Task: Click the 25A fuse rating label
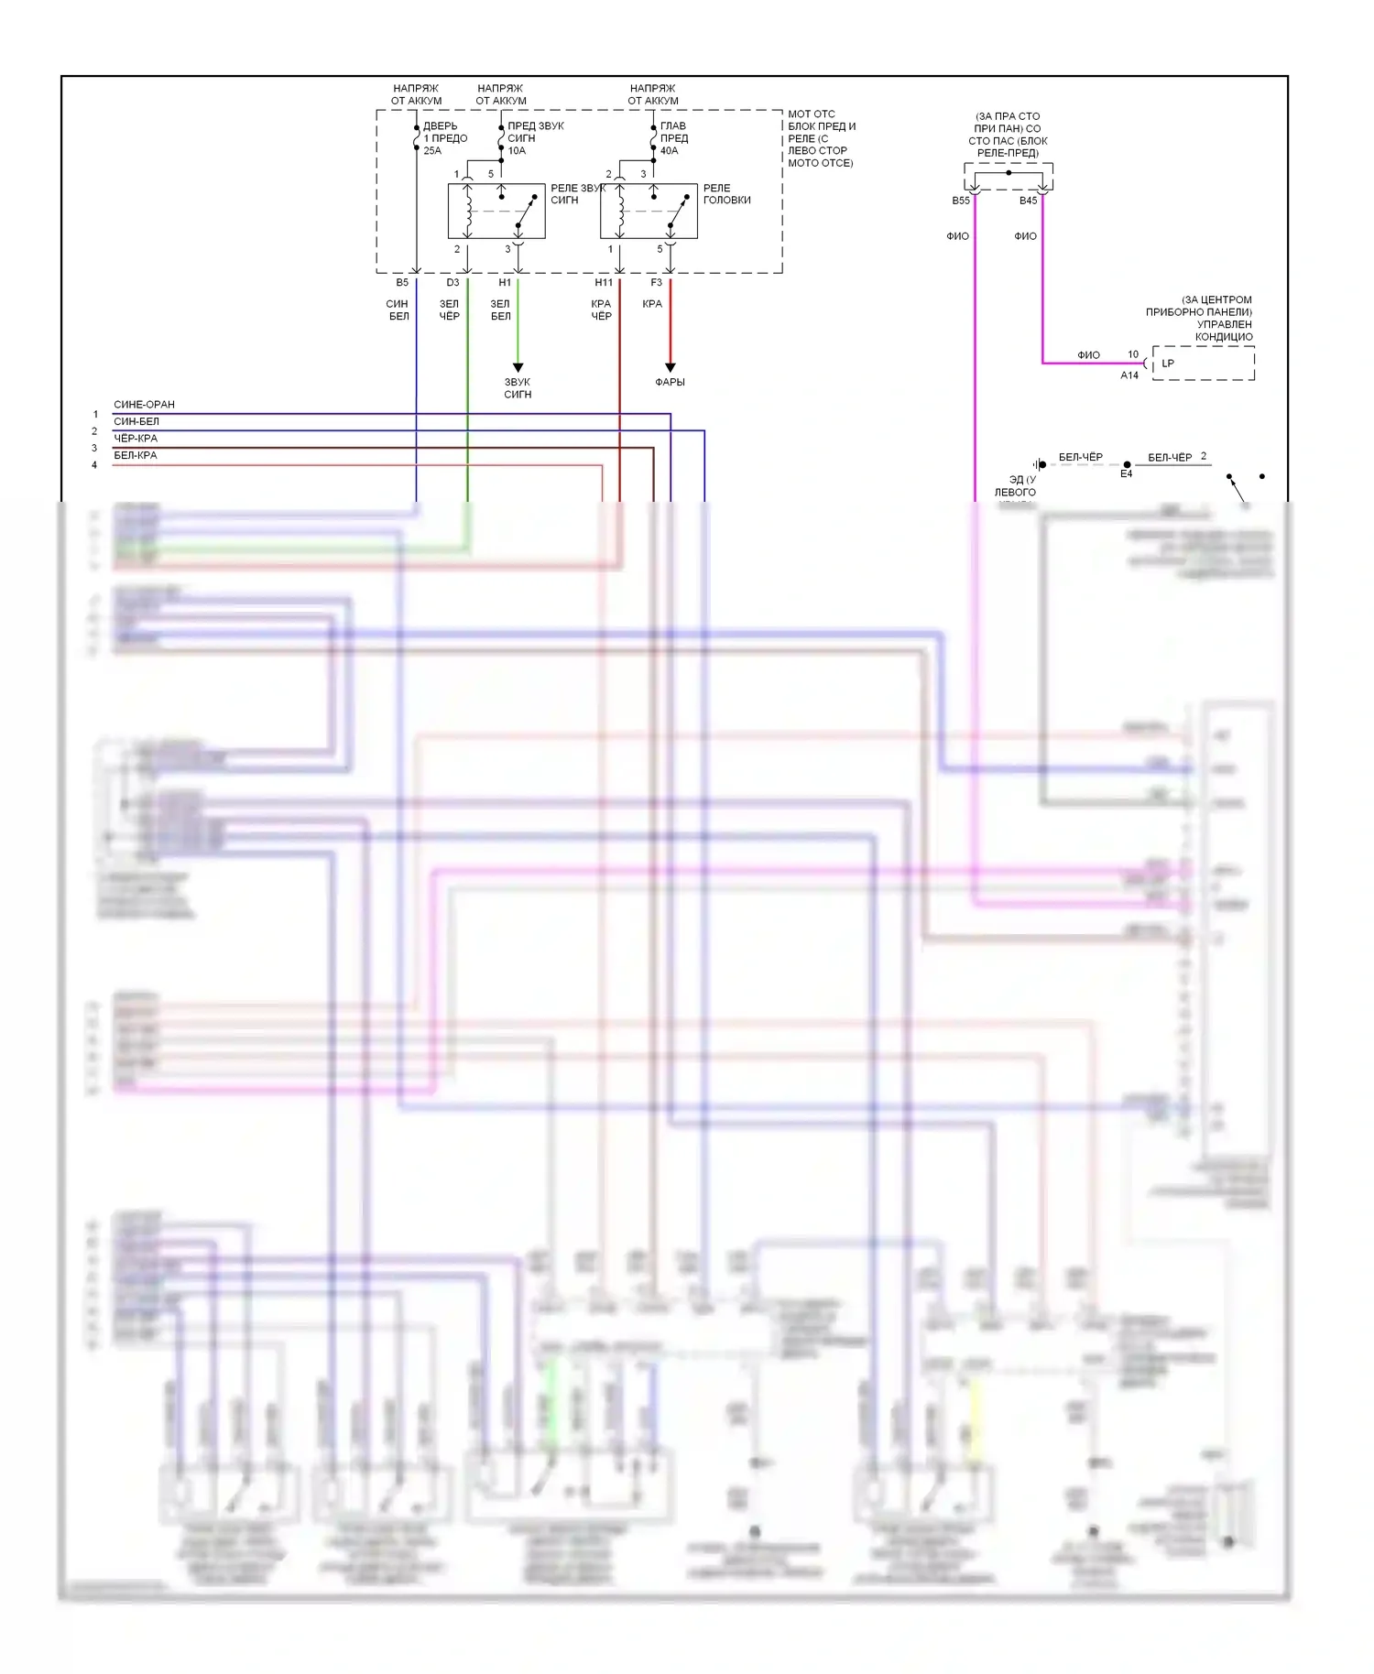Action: click(x=432, y=151)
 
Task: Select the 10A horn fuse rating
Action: click(x=517, y=151)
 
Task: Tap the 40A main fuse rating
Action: click(x=670, y=151)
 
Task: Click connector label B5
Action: click(x=402, y=283)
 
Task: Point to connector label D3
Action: click(x=453, y=283)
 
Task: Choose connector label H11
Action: click(x=604, y=283)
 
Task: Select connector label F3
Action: click(x=656, y=283)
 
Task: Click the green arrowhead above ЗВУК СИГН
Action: click(x=518, y=367)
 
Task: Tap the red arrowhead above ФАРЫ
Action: click(x=670, y=367)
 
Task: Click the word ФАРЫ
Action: click(x=670, y=383)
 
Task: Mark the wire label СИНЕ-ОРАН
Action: click(x=144, y=405)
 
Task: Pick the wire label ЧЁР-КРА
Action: click(x=136, y=439)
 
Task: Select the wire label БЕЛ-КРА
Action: click(x=136, y=456)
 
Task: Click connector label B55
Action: click(x=960, y=201)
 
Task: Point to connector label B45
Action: click(x=1028, y=201)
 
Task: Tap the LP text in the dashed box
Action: click(x=1168, y=364)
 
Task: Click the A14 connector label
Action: click(x=1129, y=375)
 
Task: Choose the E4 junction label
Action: click(x=1126, y=474)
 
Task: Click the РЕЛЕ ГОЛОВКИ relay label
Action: click(x=726, y=194)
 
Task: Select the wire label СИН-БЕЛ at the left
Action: click(x=136, y=422)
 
